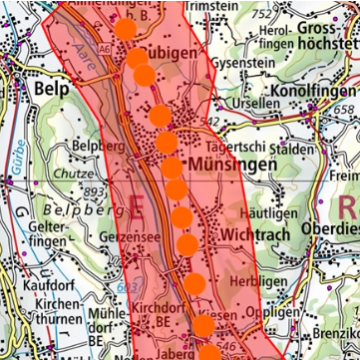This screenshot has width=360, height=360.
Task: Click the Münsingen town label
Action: coord(229,162)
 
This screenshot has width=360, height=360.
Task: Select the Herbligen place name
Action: coord(262,283)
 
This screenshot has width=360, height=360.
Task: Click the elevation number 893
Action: coord(95,191)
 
